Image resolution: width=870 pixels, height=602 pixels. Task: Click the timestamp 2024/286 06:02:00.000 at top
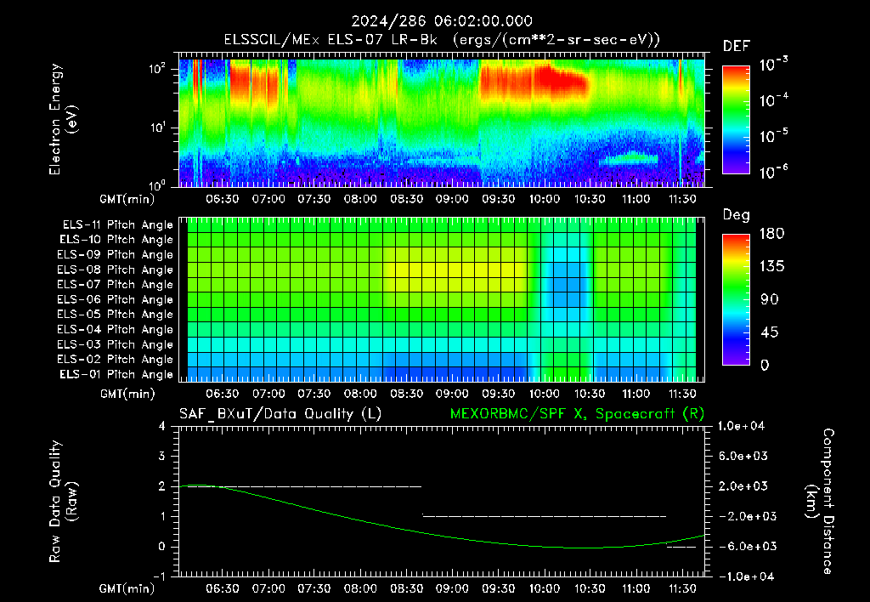[442, 21]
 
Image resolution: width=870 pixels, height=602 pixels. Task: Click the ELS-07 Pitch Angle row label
[115, 284]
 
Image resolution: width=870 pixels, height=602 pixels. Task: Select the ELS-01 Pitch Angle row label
[116, 374]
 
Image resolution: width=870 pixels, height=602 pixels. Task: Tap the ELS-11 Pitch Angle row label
[117, 225]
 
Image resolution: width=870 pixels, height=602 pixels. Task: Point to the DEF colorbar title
[737, 46]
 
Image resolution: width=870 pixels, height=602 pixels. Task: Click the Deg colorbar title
[737, 215]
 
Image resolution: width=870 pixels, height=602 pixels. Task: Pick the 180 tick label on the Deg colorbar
[771, 233]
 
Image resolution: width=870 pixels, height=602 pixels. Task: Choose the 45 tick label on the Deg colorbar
[769, 332]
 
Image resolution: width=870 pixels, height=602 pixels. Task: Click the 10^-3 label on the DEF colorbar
[774, 65]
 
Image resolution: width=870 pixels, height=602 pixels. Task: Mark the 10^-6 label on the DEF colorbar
[774, 172]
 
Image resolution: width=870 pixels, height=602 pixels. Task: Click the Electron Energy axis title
[63, 119]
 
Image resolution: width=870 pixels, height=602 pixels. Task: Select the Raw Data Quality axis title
[63, 502]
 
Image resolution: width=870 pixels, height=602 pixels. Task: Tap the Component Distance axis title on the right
[820, 502]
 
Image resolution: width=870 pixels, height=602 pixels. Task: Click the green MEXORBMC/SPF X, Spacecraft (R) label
[577, 414]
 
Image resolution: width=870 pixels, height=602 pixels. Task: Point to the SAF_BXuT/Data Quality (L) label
[280, 414]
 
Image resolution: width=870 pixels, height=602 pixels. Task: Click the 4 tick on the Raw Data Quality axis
[162, 427]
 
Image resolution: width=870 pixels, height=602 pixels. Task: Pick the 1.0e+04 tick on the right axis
[741, 426]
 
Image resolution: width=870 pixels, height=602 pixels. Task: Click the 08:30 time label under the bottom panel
[406, 588]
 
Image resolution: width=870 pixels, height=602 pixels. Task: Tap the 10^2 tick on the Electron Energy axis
[157, 69]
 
